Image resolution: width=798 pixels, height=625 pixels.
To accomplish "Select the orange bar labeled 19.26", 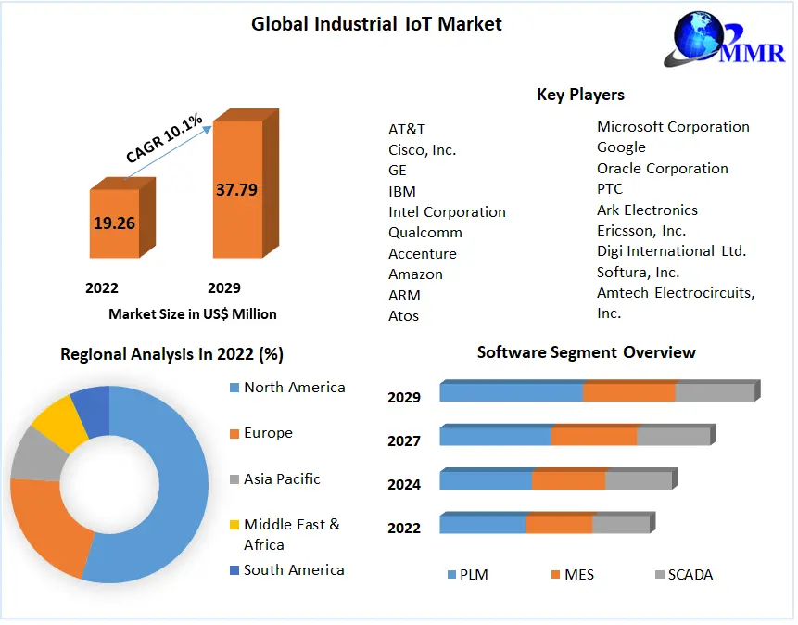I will (114, 223).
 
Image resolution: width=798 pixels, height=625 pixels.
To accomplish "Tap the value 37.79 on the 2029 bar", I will (236, 190).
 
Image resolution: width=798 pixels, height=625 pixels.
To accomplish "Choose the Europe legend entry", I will (267, 433).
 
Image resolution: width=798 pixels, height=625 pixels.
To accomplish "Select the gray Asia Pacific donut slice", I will (34, 454).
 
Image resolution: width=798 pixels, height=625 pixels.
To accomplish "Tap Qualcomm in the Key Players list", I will (425, 233).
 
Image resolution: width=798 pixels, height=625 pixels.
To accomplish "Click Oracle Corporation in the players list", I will (662, 169).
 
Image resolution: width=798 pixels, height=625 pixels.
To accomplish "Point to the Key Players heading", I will (580, 95).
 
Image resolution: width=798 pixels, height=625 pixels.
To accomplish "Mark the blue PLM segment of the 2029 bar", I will (511, 391).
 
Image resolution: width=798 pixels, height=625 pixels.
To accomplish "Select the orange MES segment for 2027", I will (593, 436).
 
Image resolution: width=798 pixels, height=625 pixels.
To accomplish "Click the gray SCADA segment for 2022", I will (620, 524).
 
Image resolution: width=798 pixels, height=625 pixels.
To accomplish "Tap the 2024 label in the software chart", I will (404, 484).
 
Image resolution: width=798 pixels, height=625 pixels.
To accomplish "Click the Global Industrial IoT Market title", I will (376, 24).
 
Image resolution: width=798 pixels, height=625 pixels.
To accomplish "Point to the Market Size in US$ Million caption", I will (193, 314).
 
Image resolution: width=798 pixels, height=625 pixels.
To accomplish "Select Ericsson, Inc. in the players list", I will (641, 231).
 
